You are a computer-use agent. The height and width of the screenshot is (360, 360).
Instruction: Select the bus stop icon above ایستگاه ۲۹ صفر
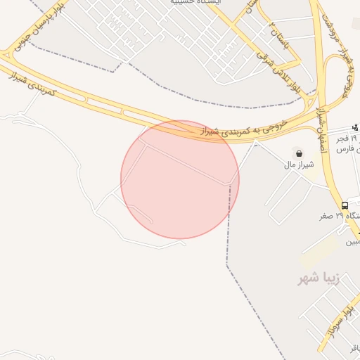click(345, 205)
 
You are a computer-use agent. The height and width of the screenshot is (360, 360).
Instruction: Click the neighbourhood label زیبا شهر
click(319, 278)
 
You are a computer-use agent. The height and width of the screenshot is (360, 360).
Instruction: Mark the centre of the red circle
click(180, 179)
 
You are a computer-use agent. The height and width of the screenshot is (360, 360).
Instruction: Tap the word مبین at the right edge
click(352, 241)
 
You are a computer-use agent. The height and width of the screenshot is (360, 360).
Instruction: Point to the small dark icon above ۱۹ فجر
click(355, 127)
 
